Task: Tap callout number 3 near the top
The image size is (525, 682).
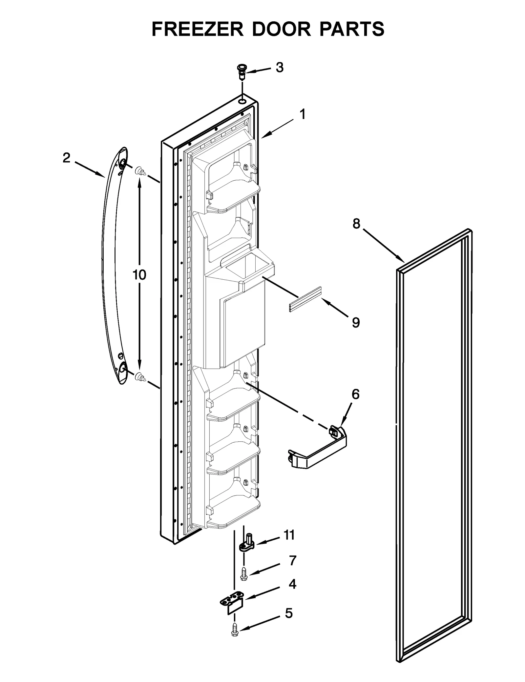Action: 279,68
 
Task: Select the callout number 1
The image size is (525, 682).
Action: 303,114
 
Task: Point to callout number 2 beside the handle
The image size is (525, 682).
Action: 66,158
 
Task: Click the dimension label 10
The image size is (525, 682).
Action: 139,275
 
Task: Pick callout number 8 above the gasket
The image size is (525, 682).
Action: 356,224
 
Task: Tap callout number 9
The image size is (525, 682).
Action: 356,322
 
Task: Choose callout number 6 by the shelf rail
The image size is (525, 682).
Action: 356,394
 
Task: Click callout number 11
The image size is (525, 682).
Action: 289,535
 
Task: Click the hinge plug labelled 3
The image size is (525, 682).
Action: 241,72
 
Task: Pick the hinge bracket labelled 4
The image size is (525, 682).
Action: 232,603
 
